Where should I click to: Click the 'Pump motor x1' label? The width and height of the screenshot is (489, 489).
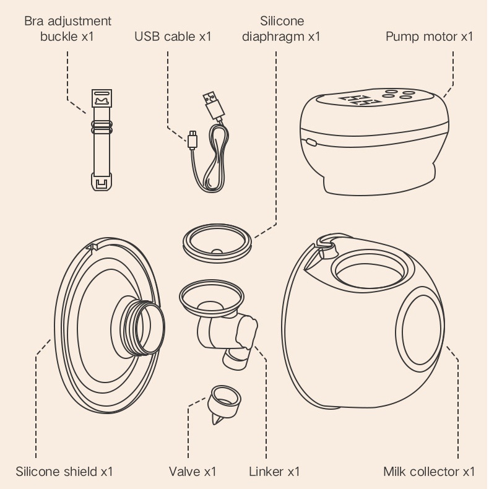point(429,36)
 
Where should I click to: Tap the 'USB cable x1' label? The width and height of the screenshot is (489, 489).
point(173,36)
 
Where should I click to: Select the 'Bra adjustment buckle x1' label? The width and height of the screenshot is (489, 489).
point(67,28)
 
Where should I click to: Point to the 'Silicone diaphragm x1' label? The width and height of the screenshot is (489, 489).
point(281,28)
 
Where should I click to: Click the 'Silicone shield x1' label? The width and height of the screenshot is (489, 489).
point(64,472)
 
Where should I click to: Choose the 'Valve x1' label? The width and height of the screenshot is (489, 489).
point(193,472)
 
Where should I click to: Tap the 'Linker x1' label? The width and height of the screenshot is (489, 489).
point(274,472)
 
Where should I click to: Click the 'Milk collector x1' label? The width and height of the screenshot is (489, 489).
point(429,472)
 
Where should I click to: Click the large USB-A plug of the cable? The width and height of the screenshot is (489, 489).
point(212,106)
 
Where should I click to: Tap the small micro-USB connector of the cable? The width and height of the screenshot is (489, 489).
point(193,139)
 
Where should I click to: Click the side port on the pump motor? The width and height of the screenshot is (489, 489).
point(311,142)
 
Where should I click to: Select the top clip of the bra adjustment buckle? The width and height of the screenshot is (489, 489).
point(102,98)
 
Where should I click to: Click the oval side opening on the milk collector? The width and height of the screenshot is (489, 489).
point(419,335)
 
